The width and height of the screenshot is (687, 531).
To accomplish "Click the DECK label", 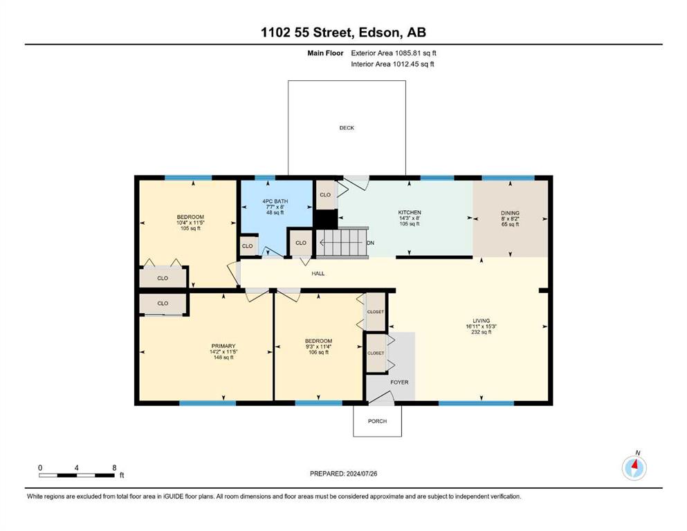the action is [x=347, y=128].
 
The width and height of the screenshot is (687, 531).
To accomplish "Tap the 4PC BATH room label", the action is [x=275, y=201].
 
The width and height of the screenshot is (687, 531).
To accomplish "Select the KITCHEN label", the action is [x=409, y=212].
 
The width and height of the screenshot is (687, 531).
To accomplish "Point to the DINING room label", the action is [x=510, y=213].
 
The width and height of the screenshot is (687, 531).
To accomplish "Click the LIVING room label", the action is [x=481, y=320].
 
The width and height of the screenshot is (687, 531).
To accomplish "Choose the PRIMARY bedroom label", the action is [x=223, y=346].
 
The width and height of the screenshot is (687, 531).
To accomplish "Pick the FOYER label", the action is [x=400, y=382].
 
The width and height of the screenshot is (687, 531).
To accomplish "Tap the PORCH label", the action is [x=377, y=421].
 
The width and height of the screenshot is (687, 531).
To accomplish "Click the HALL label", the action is [x=318, y=274].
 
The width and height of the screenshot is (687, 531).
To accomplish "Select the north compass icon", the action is [x=634, y=467].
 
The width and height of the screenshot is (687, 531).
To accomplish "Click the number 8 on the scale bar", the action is [x=114, y=467].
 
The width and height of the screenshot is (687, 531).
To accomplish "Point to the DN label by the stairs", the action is [x=371, y=243].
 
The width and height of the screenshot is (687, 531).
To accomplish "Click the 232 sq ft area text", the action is [x=481, y=332].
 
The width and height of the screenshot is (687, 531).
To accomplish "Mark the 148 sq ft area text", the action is [x=223, y=357].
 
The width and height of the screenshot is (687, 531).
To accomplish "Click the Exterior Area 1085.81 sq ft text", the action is [x=394, y=53].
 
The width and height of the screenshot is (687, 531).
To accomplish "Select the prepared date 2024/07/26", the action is [x=362, y=474].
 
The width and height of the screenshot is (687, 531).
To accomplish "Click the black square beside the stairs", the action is [x=327, y=219].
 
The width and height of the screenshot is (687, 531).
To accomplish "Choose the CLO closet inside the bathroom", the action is [x=247, y=246].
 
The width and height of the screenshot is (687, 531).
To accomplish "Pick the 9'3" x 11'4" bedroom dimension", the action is [x=318, y=346].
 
